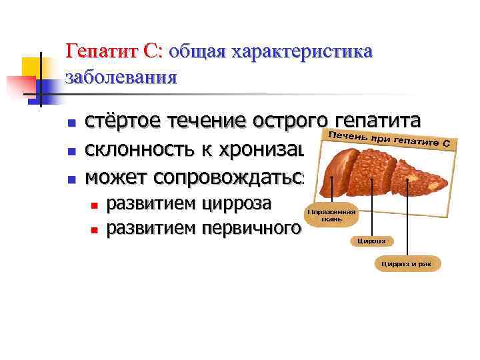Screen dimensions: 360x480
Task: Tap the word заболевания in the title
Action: coord(121,77)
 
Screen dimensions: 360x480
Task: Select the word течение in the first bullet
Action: coord(204,121)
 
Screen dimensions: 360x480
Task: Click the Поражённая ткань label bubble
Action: coord(331,215)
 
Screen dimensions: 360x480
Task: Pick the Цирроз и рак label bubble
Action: coord(406,264)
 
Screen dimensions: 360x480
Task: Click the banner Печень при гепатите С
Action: coord(386,137)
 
